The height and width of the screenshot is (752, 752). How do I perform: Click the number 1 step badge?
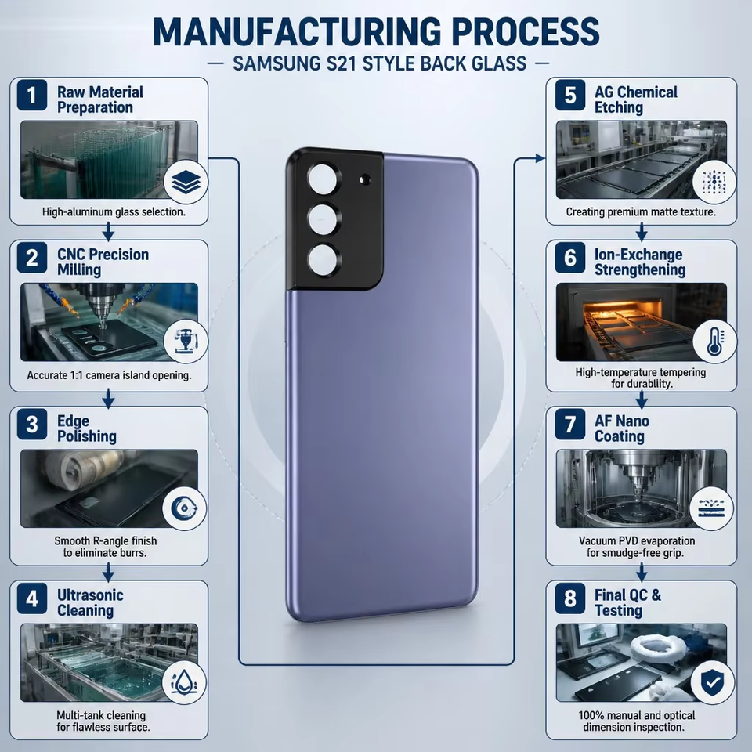point(31,95)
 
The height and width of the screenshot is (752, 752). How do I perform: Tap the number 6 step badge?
point(569,258)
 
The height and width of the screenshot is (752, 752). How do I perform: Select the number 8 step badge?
point(569,598)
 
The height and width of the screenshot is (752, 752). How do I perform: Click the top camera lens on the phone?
point(323,180)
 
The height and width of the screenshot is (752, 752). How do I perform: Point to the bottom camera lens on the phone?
point(323,260)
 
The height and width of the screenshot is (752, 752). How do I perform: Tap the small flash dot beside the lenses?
point(364,179)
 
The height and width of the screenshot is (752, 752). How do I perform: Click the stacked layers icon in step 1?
point(186,183)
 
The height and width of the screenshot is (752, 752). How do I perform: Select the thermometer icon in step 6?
point(714,342)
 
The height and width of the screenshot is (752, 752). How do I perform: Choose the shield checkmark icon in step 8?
point(712,682)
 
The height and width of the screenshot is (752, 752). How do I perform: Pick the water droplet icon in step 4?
point(183,682)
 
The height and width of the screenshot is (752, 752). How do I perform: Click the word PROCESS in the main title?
point(526,31)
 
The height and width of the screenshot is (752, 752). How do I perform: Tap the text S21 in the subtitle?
point(342,63)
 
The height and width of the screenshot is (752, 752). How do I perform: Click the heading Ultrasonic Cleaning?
point(90,602)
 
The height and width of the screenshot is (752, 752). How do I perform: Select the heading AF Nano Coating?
point(621,428)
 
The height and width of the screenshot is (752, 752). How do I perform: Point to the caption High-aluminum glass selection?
point(114,211)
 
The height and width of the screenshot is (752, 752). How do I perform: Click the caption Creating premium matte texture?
point(641,211)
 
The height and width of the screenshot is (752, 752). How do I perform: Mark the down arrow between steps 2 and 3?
point(109,399)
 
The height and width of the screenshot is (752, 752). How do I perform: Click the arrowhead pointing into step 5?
point(540,157)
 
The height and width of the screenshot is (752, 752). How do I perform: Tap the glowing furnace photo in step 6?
point(642,322)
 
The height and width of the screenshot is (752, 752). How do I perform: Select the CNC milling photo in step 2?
point(109,322)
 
